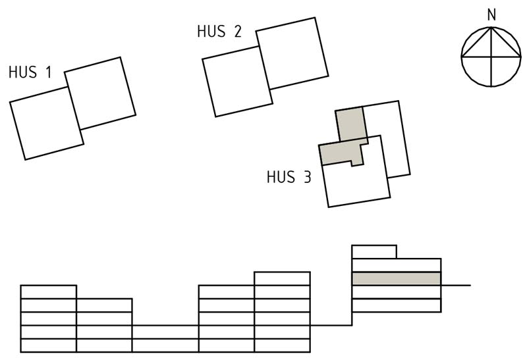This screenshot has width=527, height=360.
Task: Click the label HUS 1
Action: (x=30, y=72)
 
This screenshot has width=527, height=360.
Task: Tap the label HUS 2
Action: (x=219, y=31)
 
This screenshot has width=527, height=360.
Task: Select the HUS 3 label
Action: (x=289, y=177)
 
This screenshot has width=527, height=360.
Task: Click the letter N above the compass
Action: (x=491, y=14)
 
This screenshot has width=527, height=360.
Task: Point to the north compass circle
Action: (x=461, y=57)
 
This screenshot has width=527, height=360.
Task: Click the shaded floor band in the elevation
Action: (x=397, y=279)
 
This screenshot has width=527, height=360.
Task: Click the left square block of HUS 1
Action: (x=47, y=123)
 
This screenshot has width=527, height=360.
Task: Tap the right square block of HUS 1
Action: (x=100, y=93)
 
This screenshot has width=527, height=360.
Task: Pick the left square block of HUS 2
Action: (x=238, y=82)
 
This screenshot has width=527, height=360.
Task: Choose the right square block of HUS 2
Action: (x=292, y=53)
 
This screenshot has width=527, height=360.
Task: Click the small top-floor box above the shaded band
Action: (x=374, y=252)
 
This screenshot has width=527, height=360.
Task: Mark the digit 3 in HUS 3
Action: (x=307, y=177)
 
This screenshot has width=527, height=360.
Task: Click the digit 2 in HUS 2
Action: (x=238, y=31)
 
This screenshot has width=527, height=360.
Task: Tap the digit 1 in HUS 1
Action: (x=48, y=72)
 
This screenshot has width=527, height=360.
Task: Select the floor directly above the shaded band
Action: (x=397, y=265)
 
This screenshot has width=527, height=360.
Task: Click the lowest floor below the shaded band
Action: (x=397, y=305)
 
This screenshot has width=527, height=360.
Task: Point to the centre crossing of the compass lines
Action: (x=491, y=57)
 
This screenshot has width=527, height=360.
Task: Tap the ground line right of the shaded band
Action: (x=456, y=286)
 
